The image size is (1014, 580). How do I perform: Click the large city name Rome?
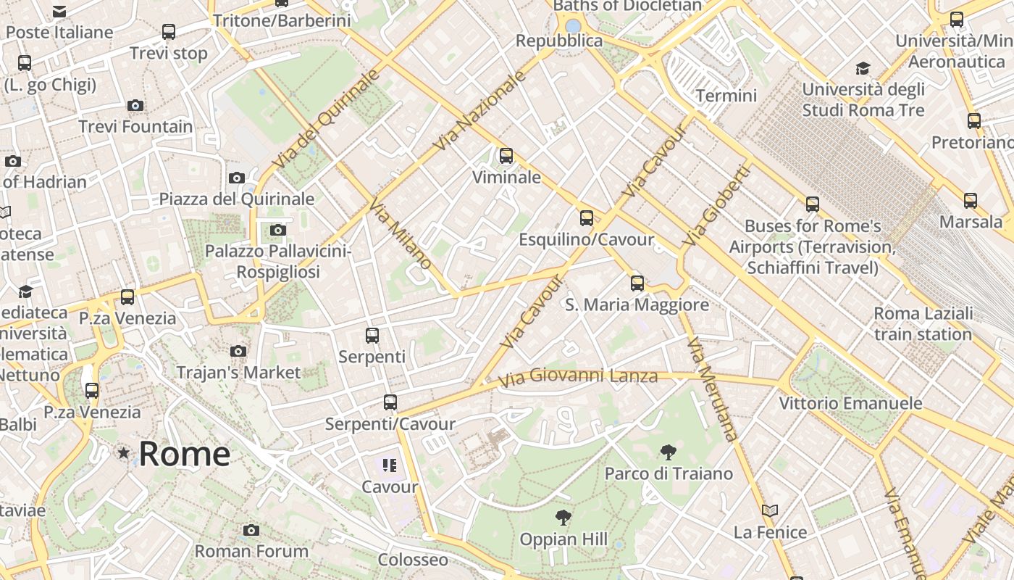184,454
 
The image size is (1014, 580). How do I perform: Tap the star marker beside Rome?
124,453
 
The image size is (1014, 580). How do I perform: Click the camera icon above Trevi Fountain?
135,106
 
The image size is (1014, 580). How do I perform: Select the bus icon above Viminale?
506,155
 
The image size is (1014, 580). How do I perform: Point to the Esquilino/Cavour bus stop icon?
587,217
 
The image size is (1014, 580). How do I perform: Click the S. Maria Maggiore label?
637,304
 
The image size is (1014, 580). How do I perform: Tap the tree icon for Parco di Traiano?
668,453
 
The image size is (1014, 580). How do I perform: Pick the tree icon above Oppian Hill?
563,518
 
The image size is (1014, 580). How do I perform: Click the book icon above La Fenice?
770,511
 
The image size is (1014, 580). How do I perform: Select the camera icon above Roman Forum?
251,530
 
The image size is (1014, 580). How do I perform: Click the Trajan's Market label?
238,373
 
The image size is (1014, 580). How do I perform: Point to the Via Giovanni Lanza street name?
578,376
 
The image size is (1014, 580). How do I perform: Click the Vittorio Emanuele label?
850,403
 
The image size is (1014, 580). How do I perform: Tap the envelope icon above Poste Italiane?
59,12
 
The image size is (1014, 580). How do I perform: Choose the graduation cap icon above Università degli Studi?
862,69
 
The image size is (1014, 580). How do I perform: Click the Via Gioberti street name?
715,205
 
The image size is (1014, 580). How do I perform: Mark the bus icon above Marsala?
971,201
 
